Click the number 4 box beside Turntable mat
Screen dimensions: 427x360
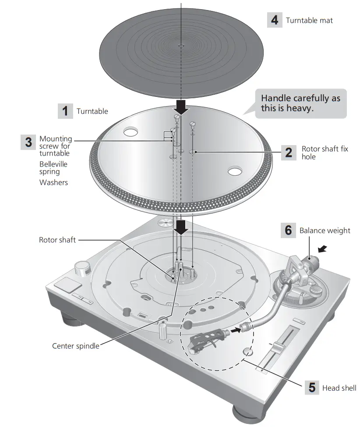(x=275, y=20)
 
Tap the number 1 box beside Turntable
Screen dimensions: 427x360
(x=65, y=111)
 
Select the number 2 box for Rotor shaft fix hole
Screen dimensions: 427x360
(x=289, y=153)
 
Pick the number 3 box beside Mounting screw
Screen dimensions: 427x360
(x=28, y=142)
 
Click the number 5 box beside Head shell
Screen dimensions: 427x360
(x=312, y=388)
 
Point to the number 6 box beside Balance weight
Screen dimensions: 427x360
(x=288, y=230)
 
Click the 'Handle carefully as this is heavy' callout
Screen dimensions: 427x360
(x=300, y=103)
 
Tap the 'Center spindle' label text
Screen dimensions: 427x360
(x=75, y=346)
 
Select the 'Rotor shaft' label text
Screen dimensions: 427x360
(x=57, y=240)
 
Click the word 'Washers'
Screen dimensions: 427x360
(x=54, y=182)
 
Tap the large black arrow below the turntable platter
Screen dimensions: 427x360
(x=180, y=227)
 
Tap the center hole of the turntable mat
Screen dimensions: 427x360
(x=180, y=45)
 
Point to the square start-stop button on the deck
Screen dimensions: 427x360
(x=67, y=286)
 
